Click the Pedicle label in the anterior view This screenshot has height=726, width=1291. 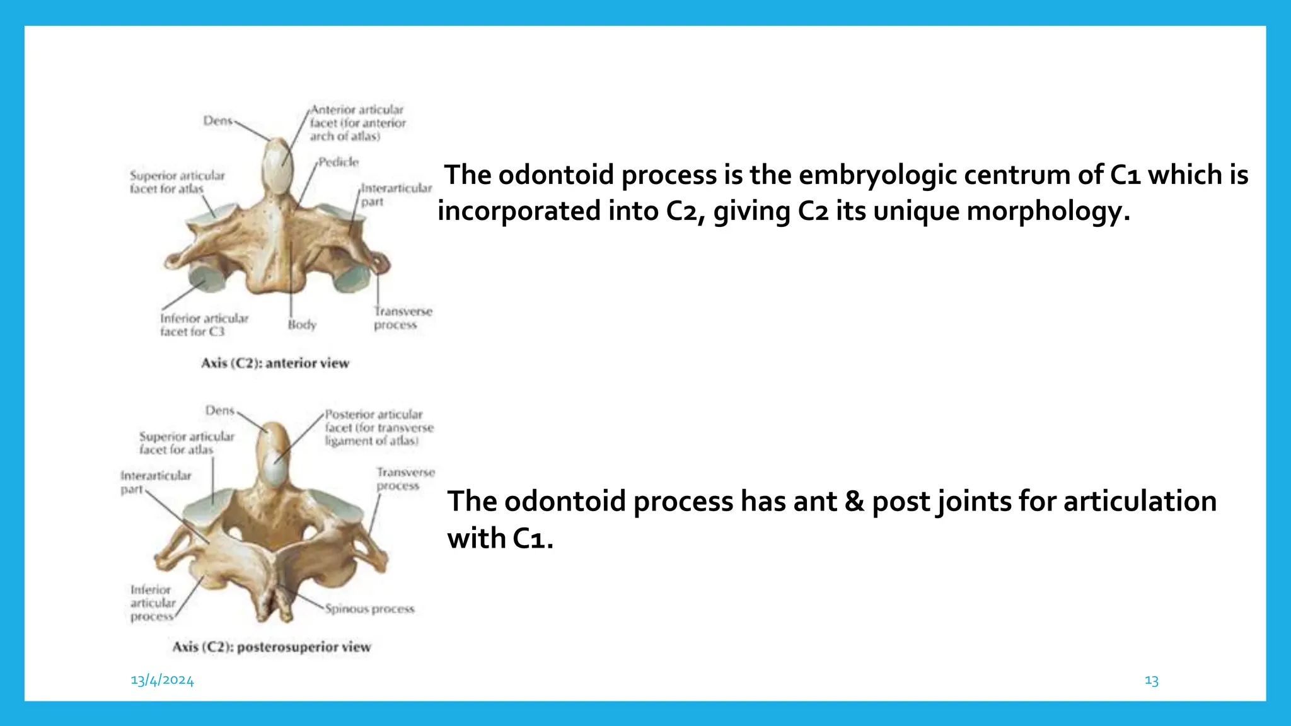(x=339, y=162)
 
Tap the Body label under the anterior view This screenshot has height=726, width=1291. (x=302, y=325)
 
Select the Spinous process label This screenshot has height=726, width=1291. (x=370, y=609)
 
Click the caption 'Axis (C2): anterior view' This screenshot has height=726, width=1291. (x=275, y=363)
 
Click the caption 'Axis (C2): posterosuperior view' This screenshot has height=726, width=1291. (x=272, y=647)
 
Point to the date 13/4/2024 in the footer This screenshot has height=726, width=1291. (x=162, y=680)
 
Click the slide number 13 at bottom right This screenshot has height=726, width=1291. (x=1151, y=681)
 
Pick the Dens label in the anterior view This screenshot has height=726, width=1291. (x=218, y=120)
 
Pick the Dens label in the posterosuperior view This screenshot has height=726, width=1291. (x=220, y=410)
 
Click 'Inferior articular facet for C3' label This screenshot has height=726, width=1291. (x=204, y=325)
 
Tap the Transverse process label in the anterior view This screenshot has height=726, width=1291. (x=402, y=318)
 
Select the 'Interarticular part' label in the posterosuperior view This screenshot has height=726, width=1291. (x=155, y=482)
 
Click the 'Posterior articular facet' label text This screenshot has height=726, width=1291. (x=379, y=427)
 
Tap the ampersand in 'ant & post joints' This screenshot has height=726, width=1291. (x=854, y=502)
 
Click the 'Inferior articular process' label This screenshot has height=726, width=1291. (x=152, y=603)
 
